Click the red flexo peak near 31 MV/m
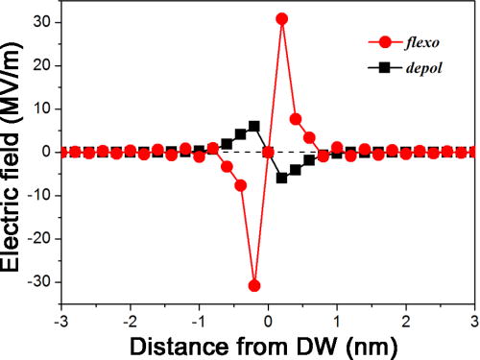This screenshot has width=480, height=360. [282, 18]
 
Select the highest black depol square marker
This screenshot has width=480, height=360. [254, 126]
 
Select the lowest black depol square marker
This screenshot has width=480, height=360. [282, 178]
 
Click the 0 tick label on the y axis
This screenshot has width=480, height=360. [49, 152]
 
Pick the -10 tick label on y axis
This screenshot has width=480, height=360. [40, 196]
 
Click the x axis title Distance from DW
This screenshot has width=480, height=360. [268, 345]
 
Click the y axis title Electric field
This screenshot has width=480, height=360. [13, 152]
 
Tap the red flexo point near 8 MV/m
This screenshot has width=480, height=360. [296, 119]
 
